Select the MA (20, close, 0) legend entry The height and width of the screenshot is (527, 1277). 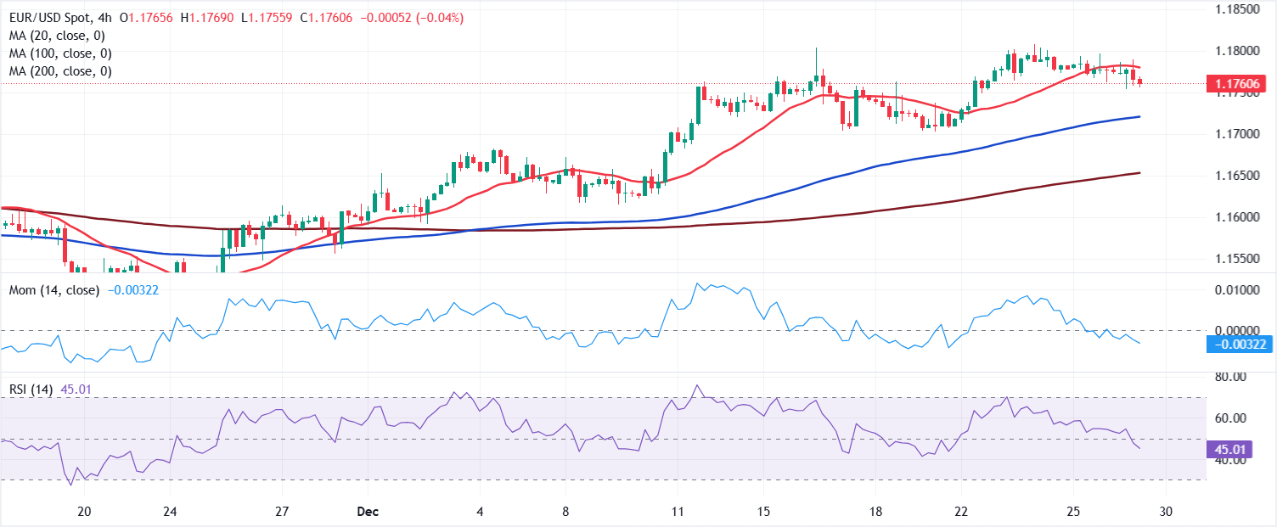click(x=57, y=36)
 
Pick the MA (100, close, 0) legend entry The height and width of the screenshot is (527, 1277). click(x=60, y=53)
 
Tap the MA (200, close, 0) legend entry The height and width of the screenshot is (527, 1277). click(x=60, y=71)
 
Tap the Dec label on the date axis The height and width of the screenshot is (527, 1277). click(x=367, y=513)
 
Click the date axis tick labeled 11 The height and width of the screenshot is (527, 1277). click(x=677, y=513)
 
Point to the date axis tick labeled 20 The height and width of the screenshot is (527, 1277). click(x=84, y=513)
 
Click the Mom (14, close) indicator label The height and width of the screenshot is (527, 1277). click(x=53, y=290)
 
